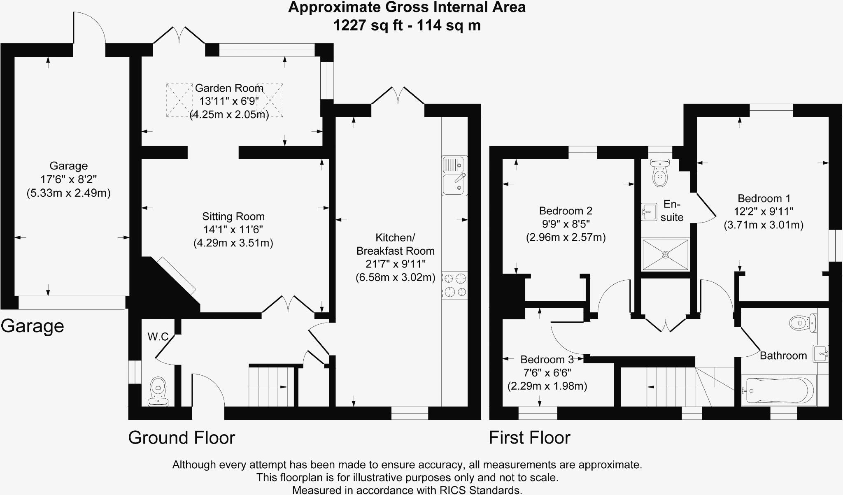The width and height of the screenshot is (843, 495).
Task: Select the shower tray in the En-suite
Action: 666,255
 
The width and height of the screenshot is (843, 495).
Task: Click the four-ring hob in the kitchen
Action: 455,285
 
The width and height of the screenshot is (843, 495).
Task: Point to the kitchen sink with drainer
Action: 454,176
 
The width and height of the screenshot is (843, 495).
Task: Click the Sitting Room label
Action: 233,216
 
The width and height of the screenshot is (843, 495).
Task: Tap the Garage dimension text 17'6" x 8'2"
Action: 68,179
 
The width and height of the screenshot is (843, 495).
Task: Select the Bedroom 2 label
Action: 566,211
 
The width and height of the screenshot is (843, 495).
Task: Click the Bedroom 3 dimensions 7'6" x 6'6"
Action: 547,373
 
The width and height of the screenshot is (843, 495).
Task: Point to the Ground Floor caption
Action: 182,437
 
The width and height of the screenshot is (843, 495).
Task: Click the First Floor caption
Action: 529,437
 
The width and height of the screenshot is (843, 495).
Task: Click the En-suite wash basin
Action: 649,212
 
